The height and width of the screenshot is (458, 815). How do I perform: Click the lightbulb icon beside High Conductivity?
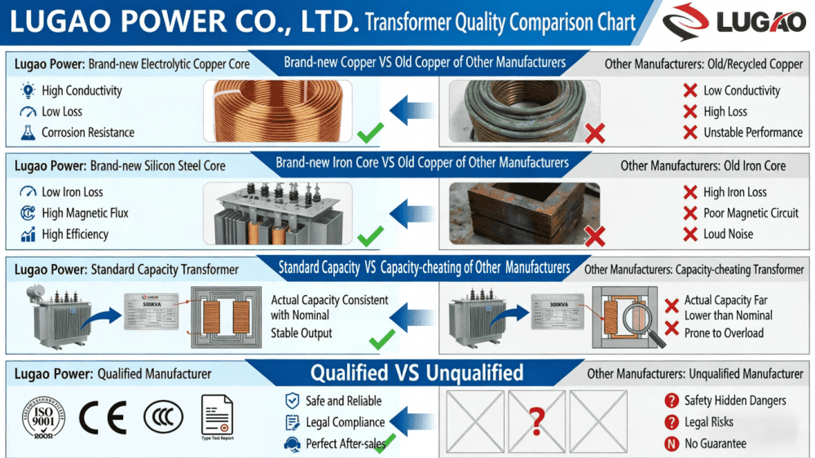[x=28, y=90]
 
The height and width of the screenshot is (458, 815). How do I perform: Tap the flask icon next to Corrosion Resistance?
[x=28, y=132]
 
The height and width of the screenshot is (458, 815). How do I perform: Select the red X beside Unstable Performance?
[x=690, y=132]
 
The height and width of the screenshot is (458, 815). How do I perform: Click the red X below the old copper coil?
[x=595, y=132]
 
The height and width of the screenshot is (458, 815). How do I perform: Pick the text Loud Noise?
[x=728, y=234]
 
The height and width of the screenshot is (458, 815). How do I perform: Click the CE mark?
[x=103, y=418]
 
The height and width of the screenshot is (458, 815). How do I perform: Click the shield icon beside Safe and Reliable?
[x=292, y=401]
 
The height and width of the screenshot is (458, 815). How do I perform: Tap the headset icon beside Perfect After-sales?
[x=292, y=444]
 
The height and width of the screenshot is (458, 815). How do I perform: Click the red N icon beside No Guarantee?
[x=672, y=444]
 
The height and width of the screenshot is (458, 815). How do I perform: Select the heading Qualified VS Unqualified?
[x=416, y=373]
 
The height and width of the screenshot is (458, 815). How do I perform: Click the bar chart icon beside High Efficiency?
[x=28, y=234]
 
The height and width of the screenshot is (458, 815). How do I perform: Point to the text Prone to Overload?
[x=724, y=332]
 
